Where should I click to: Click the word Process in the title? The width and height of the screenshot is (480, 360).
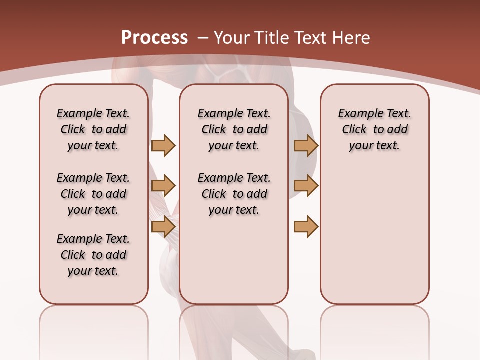(154, 37)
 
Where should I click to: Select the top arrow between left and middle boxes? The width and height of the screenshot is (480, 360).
(163, 145)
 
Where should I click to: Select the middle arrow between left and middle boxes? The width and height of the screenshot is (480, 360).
(163, 186)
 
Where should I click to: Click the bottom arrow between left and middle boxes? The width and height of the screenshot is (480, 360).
(163, 227)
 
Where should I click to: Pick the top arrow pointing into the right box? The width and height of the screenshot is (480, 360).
(306, 145)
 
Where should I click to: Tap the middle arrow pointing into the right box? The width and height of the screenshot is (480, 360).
(306, 186)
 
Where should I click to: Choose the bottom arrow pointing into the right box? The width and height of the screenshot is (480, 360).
(306, 227)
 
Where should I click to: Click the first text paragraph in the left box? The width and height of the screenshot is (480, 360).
(93, 129)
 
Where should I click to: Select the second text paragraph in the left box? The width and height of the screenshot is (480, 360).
(93, 194)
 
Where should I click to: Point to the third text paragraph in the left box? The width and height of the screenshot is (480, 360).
(93, 255)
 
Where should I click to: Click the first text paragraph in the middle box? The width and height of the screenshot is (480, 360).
(234, 129)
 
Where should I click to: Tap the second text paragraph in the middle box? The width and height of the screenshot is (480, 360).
(234, 194)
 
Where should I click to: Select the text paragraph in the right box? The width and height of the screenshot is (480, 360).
(374, 129)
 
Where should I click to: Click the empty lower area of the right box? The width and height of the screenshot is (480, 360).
(374, 235)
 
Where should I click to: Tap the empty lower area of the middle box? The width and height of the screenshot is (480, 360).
(234, 265)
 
